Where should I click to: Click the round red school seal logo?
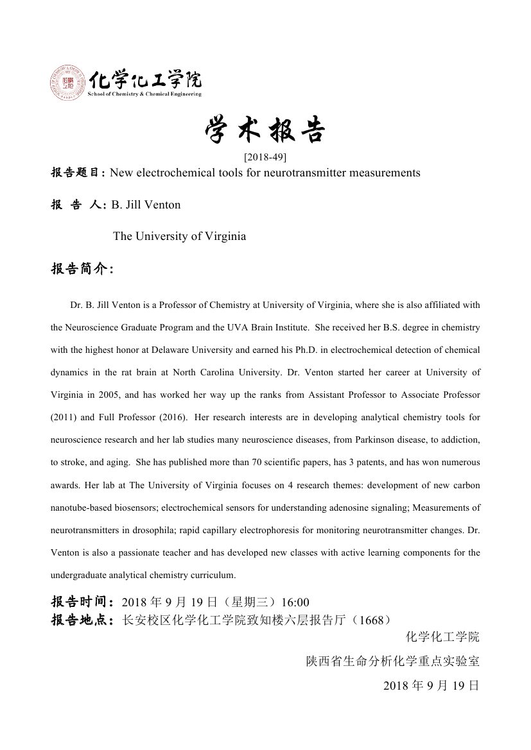67,82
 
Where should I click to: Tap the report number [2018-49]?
265,157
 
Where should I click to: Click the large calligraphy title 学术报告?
265,131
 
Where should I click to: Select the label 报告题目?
78,173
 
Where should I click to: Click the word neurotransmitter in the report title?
300,173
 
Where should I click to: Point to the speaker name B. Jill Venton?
146,205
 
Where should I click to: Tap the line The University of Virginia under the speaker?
179,236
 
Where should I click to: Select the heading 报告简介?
82,268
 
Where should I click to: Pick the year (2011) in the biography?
65,417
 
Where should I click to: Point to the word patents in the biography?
349,462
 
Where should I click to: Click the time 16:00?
295,602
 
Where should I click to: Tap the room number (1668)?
372,620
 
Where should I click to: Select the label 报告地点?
82,620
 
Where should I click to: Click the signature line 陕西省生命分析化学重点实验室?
392,661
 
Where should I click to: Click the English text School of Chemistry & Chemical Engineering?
144,94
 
